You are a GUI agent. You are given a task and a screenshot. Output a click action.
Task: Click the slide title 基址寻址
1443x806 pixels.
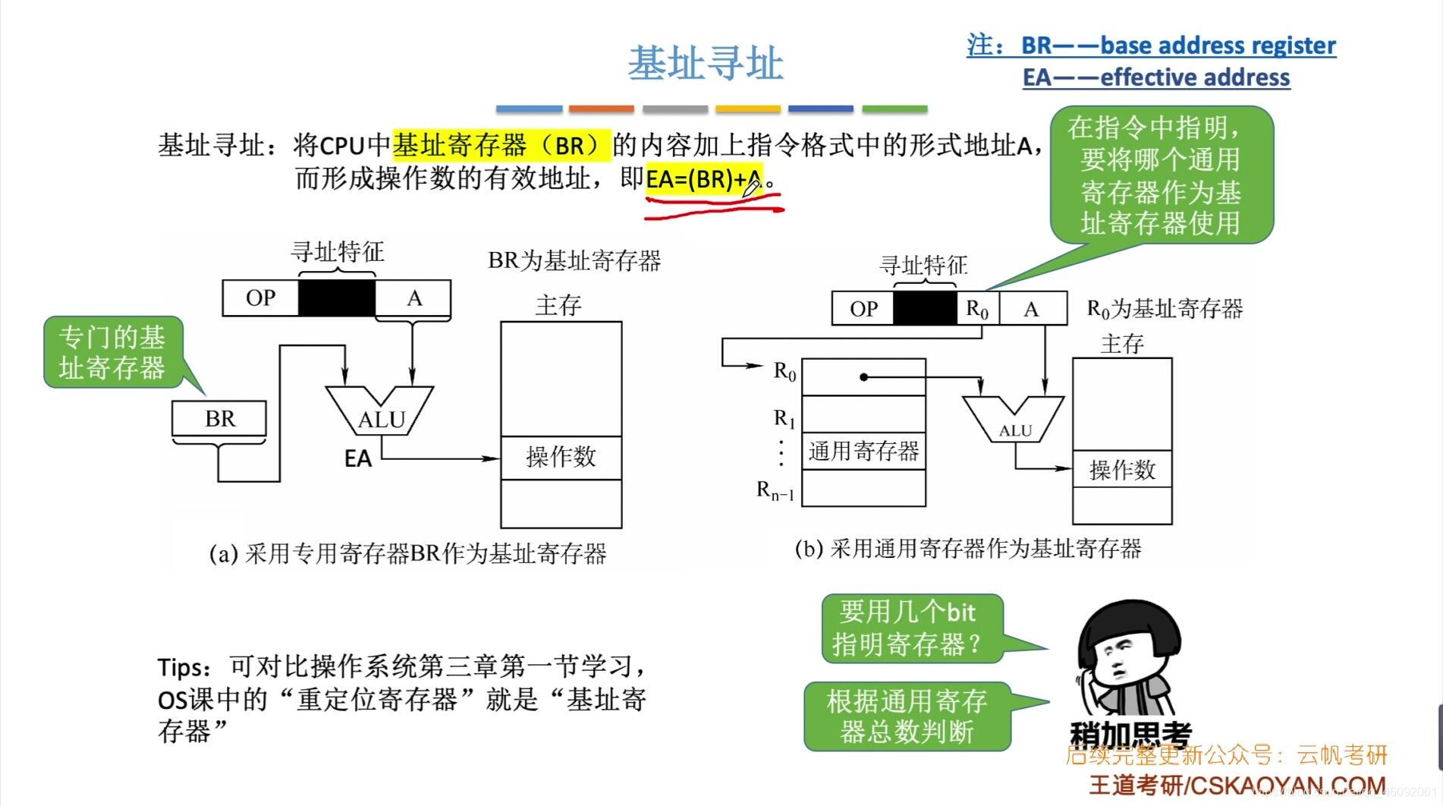pyautogui.click(x=705, y=63)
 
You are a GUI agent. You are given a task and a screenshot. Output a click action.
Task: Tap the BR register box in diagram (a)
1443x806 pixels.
pyautogui.click(x=219, y=418)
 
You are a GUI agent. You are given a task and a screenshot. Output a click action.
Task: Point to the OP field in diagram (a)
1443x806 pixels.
pyautogui.click(x=260, y=298)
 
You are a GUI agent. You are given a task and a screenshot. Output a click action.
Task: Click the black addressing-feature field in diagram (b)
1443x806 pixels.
pyautogui.click(x=925, y=309)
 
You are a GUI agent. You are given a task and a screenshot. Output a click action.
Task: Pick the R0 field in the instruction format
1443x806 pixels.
pyautogui.click(x=977, y=309)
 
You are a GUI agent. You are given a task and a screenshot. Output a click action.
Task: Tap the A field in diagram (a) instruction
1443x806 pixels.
pyautogui.click(x=413, y=298)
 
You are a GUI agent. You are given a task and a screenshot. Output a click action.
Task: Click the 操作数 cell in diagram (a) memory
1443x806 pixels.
pyautogui.click(x=561, y=457)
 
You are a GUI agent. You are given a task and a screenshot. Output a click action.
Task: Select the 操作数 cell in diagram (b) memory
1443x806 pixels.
pyautogui.click(x=1122, y=470)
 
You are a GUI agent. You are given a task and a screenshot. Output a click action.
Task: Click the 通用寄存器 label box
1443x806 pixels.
pyautogui.click(x=863, y=452)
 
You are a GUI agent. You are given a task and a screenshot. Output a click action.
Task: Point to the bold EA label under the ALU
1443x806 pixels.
pyautogui.click(x=358, y=459)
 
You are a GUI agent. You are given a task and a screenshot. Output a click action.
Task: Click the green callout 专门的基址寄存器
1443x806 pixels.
pyautogui.click(x=112, y=352)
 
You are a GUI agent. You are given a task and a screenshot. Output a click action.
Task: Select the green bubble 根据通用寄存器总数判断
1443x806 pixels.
pyautogui.click(x=907, y=716)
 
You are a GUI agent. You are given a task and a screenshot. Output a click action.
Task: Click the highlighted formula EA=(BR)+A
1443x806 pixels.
pyautogui.click(x=703, y=179)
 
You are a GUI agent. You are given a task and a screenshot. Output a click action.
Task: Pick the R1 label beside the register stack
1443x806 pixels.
pyautogui.click(x=784, y=418)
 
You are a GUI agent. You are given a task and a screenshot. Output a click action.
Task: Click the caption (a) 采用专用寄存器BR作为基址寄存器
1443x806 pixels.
pyautogui.click(x=408, y=553)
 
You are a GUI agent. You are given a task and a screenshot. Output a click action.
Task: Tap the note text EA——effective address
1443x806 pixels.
pyautogui.click(x=1155, y=77)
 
